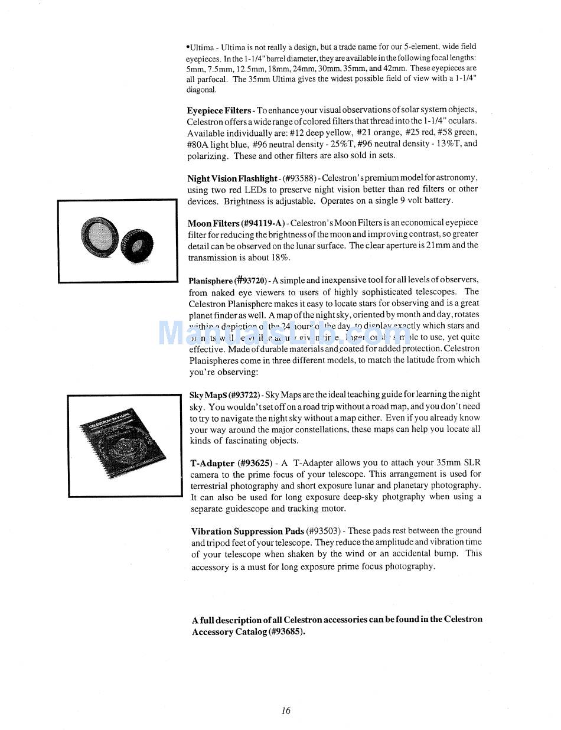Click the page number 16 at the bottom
[286, 711]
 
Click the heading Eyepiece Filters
[219, 110]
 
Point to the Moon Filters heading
[213, 223]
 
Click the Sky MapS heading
[207, 395]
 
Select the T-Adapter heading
[213, 464]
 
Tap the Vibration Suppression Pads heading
[247, 531]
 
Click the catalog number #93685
[286, 632]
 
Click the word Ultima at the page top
[202, 47]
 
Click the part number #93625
[255, 464]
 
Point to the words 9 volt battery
[422, 201]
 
